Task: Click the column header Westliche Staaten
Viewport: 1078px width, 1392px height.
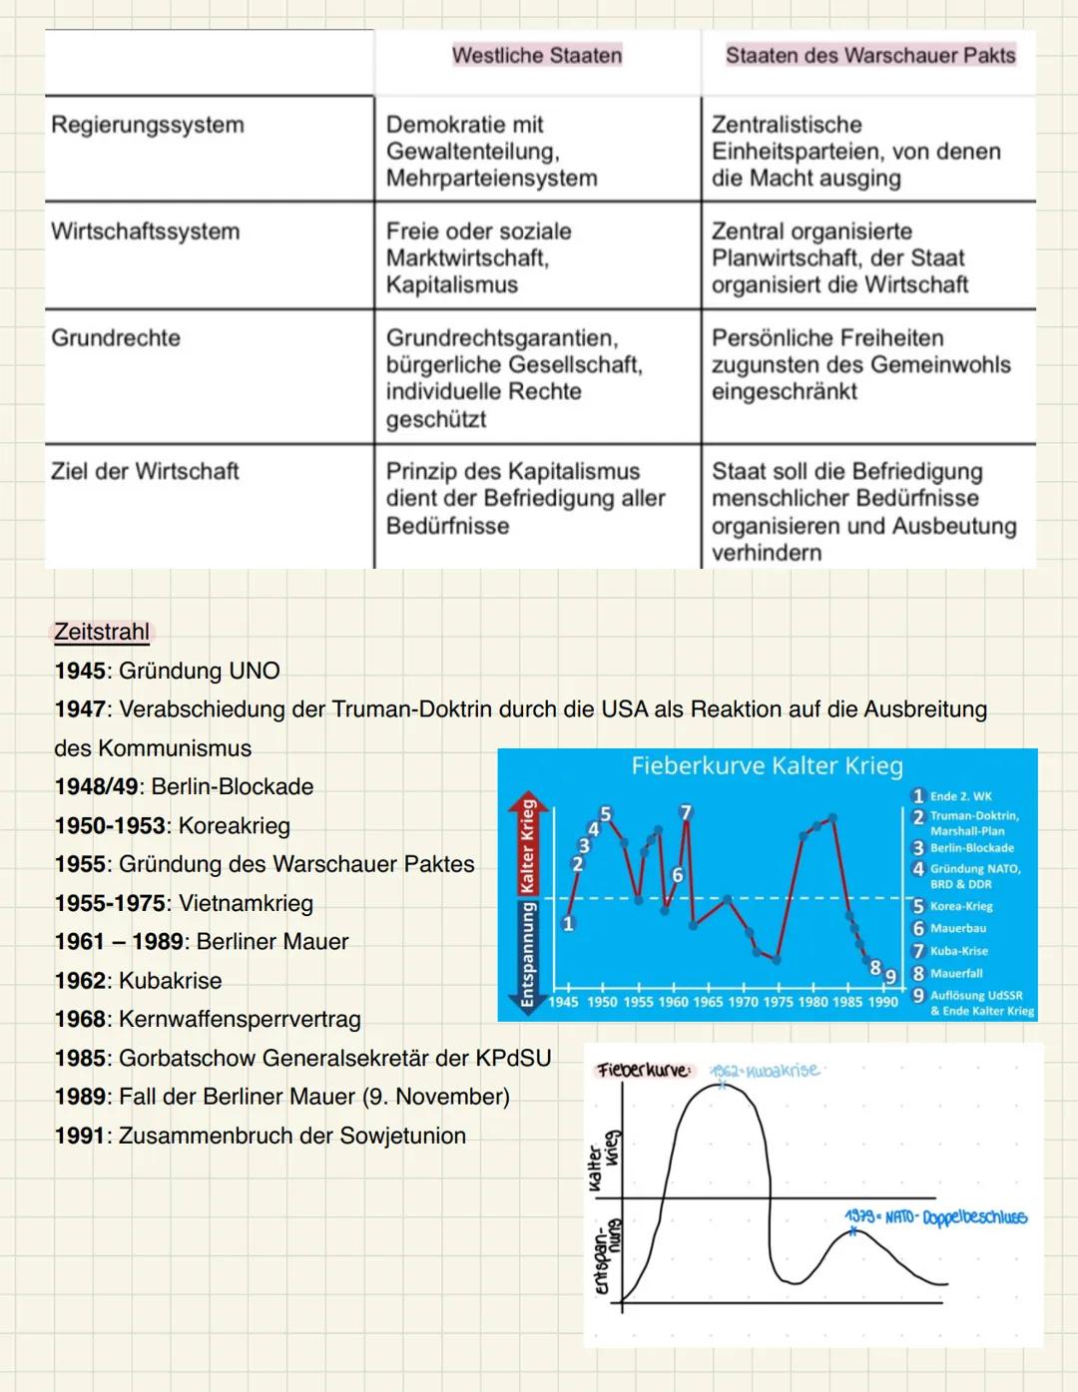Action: [x=537, y=56]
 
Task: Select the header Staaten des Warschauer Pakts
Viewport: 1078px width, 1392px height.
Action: [x=869, y=56]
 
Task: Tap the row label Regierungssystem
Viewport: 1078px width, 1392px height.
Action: [x=148, y=125]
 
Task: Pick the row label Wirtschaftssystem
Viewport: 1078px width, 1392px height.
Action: [x=146, y=232]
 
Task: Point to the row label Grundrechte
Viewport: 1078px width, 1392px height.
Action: [x=116, y=338]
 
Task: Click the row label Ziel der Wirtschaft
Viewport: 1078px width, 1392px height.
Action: [x=146, y=471]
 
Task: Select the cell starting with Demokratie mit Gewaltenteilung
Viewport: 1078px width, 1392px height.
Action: [x=491, y=151]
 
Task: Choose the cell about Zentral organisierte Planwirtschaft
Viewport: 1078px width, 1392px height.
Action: [x=839, y=257]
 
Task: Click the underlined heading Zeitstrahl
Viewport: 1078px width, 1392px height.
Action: [x=102, y=632]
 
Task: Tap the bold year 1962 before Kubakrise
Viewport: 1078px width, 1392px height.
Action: [x=80, y=981]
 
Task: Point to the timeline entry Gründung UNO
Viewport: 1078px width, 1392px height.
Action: [x=199, y=671]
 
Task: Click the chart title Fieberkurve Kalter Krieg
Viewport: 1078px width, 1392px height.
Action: [x=767, y=766]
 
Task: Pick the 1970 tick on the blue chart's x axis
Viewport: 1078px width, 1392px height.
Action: [x=743, y=1002]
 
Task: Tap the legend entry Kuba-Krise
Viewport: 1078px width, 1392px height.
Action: [x=958, y=951]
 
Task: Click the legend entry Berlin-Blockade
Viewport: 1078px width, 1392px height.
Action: [x=971, y=848]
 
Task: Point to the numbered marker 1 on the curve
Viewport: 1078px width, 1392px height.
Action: [x=568, y=923]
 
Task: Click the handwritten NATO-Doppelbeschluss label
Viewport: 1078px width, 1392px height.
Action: [x=935, y=1217]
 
